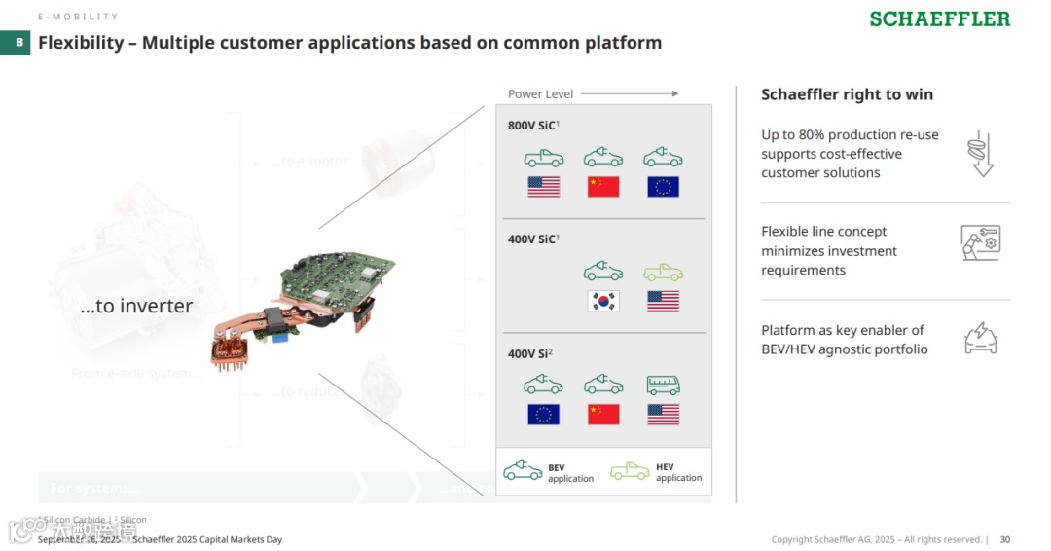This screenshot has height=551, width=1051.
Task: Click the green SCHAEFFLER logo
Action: pos(939,19)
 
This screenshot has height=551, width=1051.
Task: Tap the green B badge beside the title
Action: pos(18,43)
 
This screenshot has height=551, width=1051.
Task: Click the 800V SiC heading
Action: pos(532,126)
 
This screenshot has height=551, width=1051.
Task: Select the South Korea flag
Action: pos(603,301)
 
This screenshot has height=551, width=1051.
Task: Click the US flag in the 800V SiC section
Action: pos(543,187)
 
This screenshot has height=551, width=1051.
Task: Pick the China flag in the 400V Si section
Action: pos(603,414)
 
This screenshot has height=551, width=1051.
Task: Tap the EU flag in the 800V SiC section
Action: pos(663,187)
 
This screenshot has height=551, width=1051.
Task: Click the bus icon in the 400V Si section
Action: pos(663,385)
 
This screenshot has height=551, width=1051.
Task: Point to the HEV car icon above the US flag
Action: pos(663,272)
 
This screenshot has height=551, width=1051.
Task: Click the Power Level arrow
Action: pos(630,94)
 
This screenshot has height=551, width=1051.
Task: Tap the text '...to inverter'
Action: pos(136,306)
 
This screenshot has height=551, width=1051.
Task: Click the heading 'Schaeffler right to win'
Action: pos(847,94)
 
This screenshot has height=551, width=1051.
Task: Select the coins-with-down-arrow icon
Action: pos(980,154)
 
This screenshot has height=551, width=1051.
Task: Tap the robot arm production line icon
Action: pos(980,242)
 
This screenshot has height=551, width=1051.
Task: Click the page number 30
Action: pos(1005,539)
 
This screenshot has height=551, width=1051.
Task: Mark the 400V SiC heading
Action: pos(532,239)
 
